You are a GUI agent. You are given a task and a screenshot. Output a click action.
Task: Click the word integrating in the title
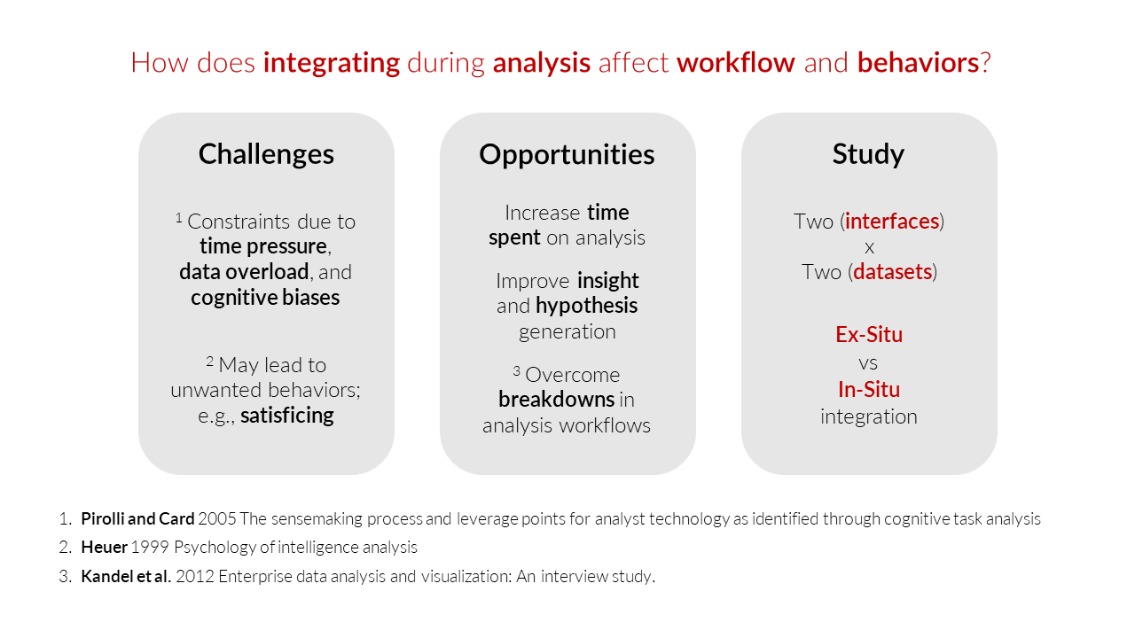(x=332, y=64)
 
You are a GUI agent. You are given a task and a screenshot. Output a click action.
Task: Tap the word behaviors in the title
(x=918, y=63)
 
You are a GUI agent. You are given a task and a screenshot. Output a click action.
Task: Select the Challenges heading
(x=266, y=154)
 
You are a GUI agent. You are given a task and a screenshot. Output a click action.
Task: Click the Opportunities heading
(x=567, y=155)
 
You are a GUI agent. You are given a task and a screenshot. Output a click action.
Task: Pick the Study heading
(x=868, y=154)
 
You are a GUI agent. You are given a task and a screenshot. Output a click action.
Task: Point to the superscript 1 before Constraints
(x=179, y=218)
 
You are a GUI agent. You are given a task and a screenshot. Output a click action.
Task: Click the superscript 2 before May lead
(x=210, y=361)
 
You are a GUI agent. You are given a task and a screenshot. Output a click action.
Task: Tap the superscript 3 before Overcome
(x=516, y=371)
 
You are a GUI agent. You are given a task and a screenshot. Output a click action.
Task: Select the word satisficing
(x=287, y=416)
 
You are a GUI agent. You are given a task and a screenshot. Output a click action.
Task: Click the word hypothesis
(x=587, y=307)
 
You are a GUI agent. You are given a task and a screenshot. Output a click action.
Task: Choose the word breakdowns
(x=556, y=400)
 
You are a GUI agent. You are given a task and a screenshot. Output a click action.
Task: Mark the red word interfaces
(x=892, y=222)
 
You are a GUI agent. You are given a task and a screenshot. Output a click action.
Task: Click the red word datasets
(x=893, y=272)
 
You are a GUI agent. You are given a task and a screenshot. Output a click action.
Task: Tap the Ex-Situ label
(x=869, y=335)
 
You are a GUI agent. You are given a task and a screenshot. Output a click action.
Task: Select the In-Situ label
(x=869, y=389)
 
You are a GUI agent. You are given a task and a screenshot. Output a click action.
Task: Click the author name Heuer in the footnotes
(x=105, y=548)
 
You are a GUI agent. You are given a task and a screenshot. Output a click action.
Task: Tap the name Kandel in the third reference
(x=106, y=576)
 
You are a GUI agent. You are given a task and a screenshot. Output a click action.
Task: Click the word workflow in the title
(x=736, y=63)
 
